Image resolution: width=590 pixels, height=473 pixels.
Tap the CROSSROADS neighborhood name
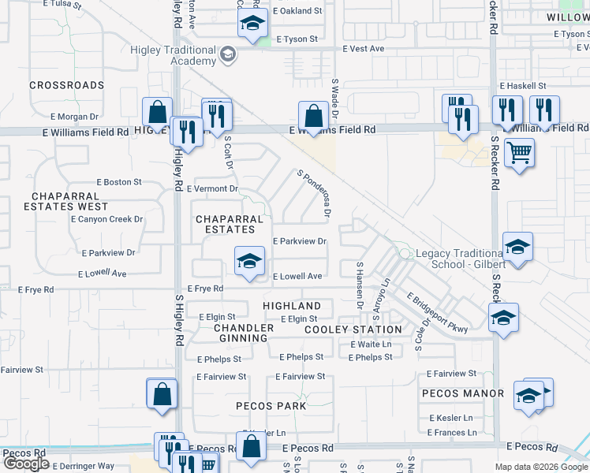[67, 85]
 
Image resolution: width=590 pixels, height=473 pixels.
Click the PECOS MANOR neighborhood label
[463, 393]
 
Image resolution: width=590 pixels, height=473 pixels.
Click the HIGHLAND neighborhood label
[292, 306]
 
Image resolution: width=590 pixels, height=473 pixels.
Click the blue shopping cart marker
[519, 152]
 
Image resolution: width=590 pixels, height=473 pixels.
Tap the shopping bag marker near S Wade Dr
[314, 115]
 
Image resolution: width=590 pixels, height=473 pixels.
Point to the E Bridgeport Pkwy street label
[438, 311]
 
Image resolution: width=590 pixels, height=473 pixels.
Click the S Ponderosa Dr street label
[313, 192]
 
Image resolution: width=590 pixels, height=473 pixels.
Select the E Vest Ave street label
[364, 49]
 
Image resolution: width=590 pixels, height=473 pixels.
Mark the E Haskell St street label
[522, 85]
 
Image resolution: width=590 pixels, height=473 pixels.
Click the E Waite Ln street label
[371, 345]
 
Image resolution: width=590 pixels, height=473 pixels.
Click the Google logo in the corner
[27, 464]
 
